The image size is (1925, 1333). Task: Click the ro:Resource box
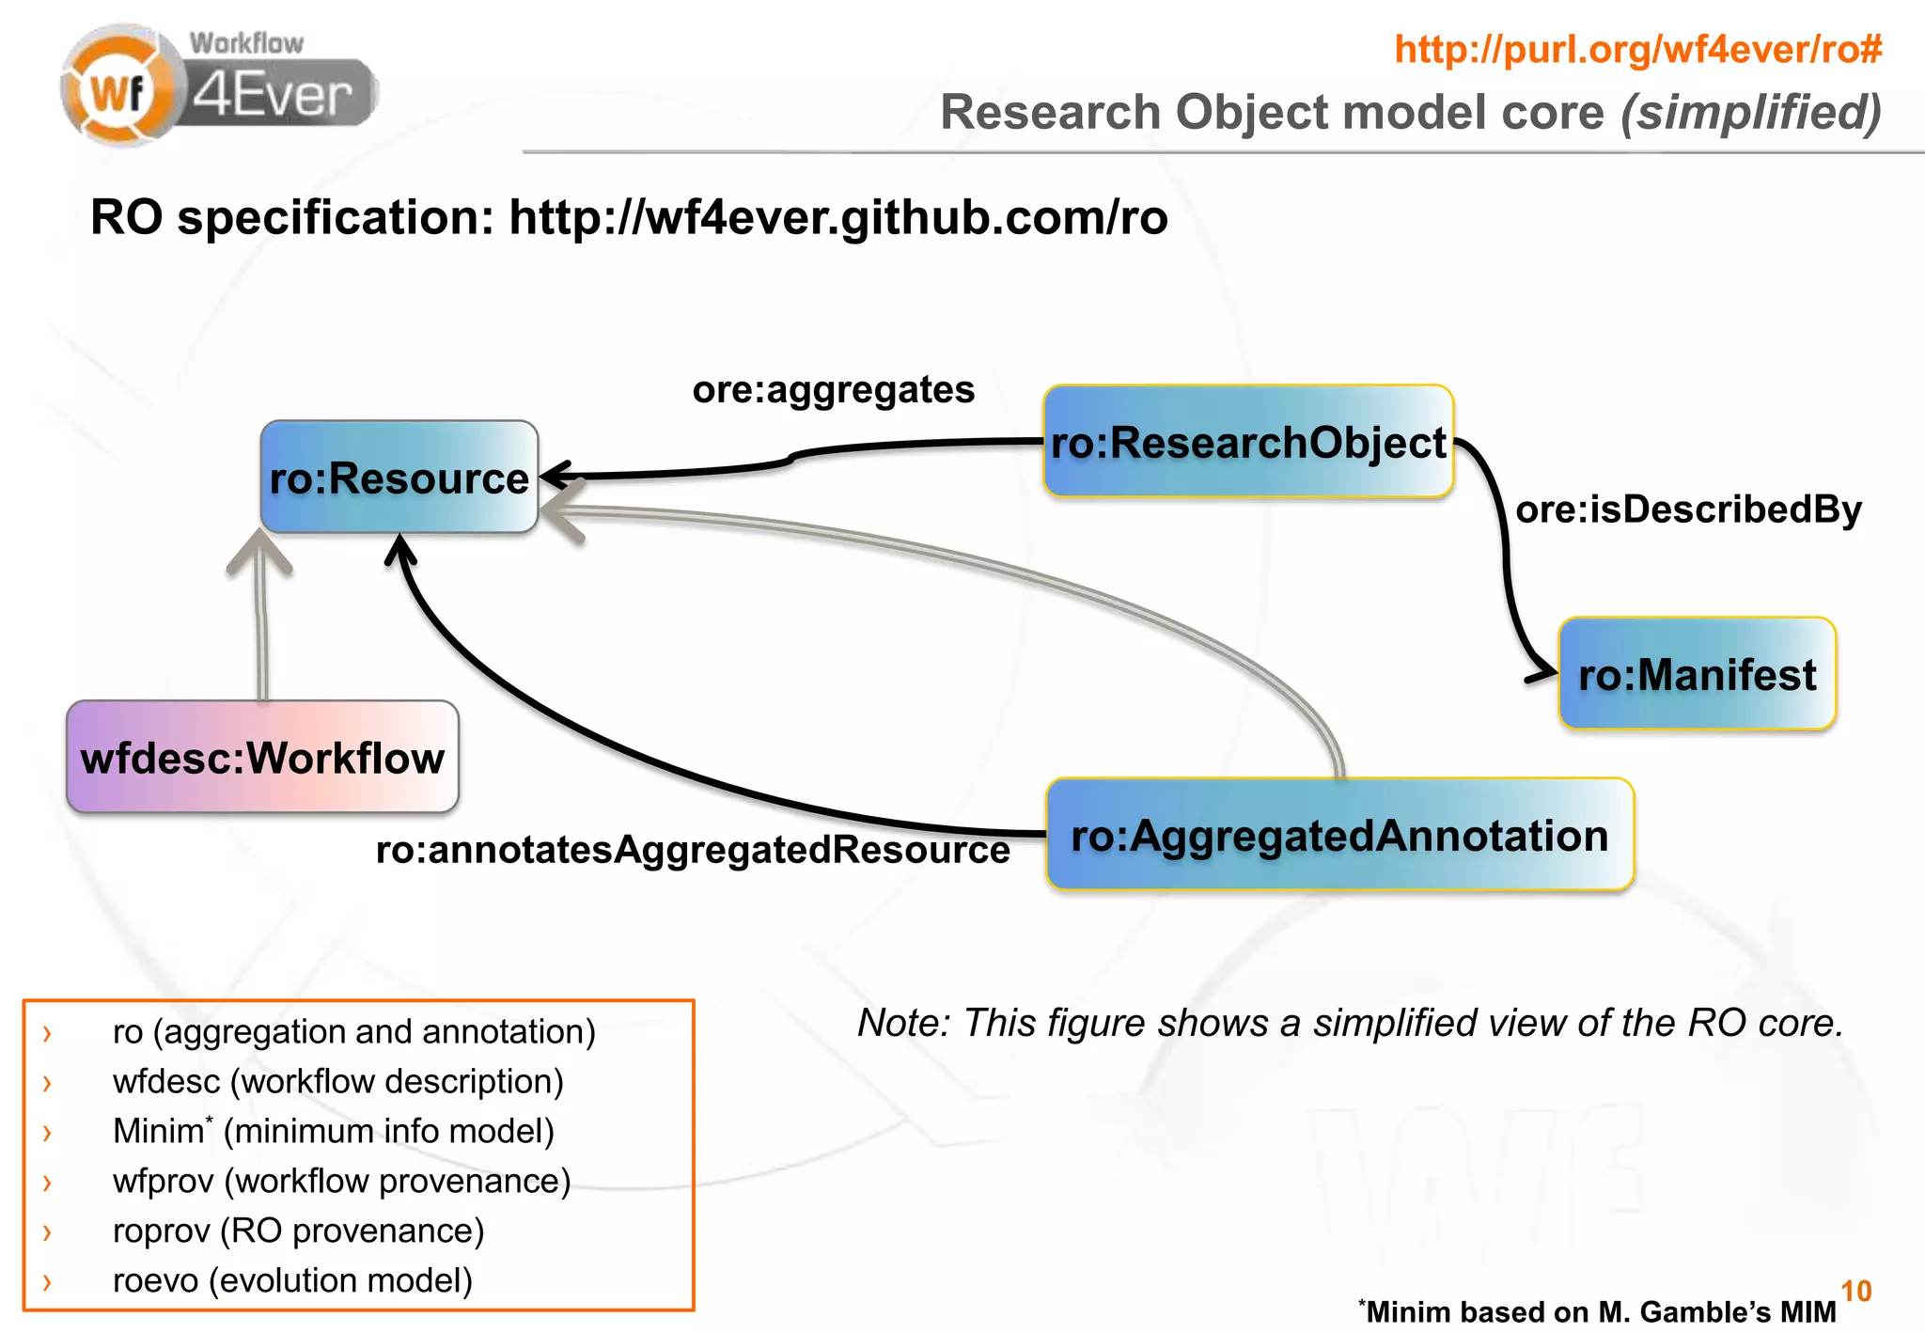coord(399,478)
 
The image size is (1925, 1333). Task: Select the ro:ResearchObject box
coord(1248,442)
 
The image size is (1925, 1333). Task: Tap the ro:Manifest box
coord(1697,674)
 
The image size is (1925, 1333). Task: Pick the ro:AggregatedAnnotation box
coord(1339,835)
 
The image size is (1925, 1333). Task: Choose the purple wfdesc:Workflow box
coord(262,757)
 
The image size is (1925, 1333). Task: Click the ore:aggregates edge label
coord(833,389)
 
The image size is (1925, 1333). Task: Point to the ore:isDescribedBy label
coord(1688,510)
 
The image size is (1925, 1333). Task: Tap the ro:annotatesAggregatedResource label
coord(693,849)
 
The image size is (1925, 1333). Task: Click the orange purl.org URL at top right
coord(1638,49)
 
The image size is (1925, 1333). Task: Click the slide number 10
coord(1855,1291)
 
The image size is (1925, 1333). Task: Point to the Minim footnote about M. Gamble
coord(1598,1311)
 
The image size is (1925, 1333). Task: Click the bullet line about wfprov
coord(341,1181)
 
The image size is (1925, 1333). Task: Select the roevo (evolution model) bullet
coord(292,1280)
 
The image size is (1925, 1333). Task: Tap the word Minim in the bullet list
coord(158,1131)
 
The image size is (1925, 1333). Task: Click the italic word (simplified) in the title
coord(1751,113)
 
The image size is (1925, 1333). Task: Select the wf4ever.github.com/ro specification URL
coord(837,218)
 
